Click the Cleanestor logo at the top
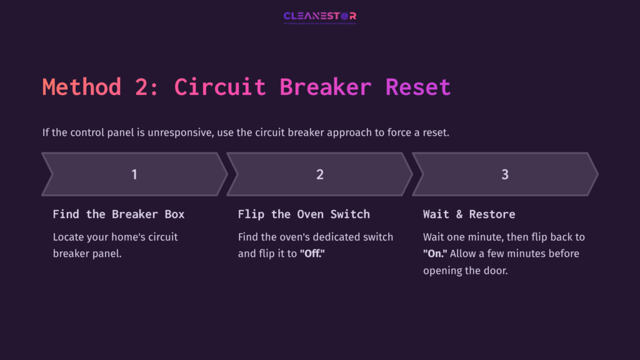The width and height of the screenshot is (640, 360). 319,16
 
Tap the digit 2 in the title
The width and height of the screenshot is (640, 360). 146,87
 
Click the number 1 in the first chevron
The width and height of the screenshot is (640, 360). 134,174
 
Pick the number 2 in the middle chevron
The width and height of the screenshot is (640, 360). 320,174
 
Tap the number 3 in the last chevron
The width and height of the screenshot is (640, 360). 505,174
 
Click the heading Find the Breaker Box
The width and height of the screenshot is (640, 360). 119,214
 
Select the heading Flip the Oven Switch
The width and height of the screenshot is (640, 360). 304,214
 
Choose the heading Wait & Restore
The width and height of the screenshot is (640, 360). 469,214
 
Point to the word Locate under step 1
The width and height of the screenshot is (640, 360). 69,237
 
